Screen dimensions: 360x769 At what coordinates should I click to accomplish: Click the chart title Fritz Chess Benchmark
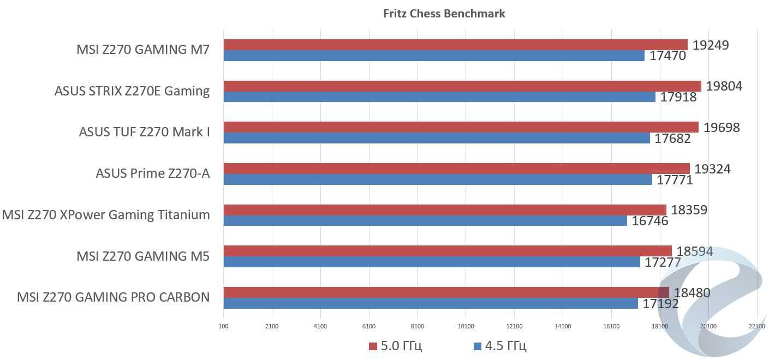tap(444, 14)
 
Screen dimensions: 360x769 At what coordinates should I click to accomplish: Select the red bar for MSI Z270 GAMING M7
tap(455, 45)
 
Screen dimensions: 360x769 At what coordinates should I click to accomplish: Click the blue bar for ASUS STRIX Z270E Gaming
tap(439, 97)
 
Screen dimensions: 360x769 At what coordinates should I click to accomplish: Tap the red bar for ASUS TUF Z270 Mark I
tap(461, 127)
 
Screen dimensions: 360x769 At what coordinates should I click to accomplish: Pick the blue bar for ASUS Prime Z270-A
tap(438, 179)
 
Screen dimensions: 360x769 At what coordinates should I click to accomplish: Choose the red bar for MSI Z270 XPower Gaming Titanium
tap(445, 210)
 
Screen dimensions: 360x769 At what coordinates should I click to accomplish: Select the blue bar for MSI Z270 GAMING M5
tap(432, 262)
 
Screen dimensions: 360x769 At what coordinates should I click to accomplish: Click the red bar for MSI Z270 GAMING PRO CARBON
tap(446, 292)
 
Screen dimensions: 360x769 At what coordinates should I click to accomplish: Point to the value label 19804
tap(724, 86)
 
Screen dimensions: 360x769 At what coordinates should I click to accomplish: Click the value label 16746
tap(649, 221)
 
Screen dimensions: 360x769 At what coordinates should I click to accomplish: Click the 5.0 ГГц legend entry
tap(395, 346)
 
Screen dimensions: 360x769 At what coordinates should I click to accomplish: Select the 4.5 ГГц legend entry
tap(500, 346)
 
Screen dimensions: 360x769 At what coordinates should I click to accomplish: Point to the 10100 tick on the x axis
tap(466, 326)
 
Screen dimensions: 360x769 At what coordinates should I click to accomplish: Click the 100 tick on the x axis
tap(223, 326)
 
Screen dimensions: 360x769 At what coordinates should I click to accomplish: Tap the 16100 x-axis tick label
tap(611, 326)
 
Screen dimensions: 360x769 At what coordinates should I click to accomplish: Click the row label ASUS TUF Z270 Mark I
tap(144, 132)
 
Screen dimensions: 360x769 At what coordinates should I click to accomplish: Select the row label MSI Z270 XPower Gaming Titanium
tap(106, 215)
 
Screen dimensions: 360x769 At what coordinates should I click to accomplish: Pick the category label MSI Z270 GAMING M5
tap(143, 256)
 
